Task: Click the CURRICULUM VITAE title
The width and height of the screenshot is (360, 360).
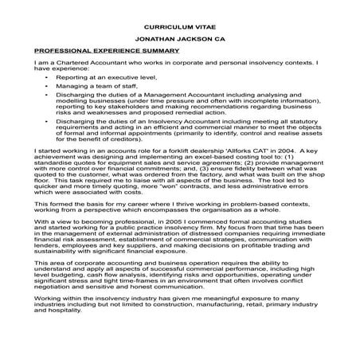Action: point(179,25)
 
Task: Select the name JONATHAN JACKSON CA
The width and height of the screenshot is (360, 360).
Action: point(179,37)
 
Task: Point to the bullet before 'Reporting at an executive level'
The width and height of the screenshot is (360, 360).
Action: point(49,76)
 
